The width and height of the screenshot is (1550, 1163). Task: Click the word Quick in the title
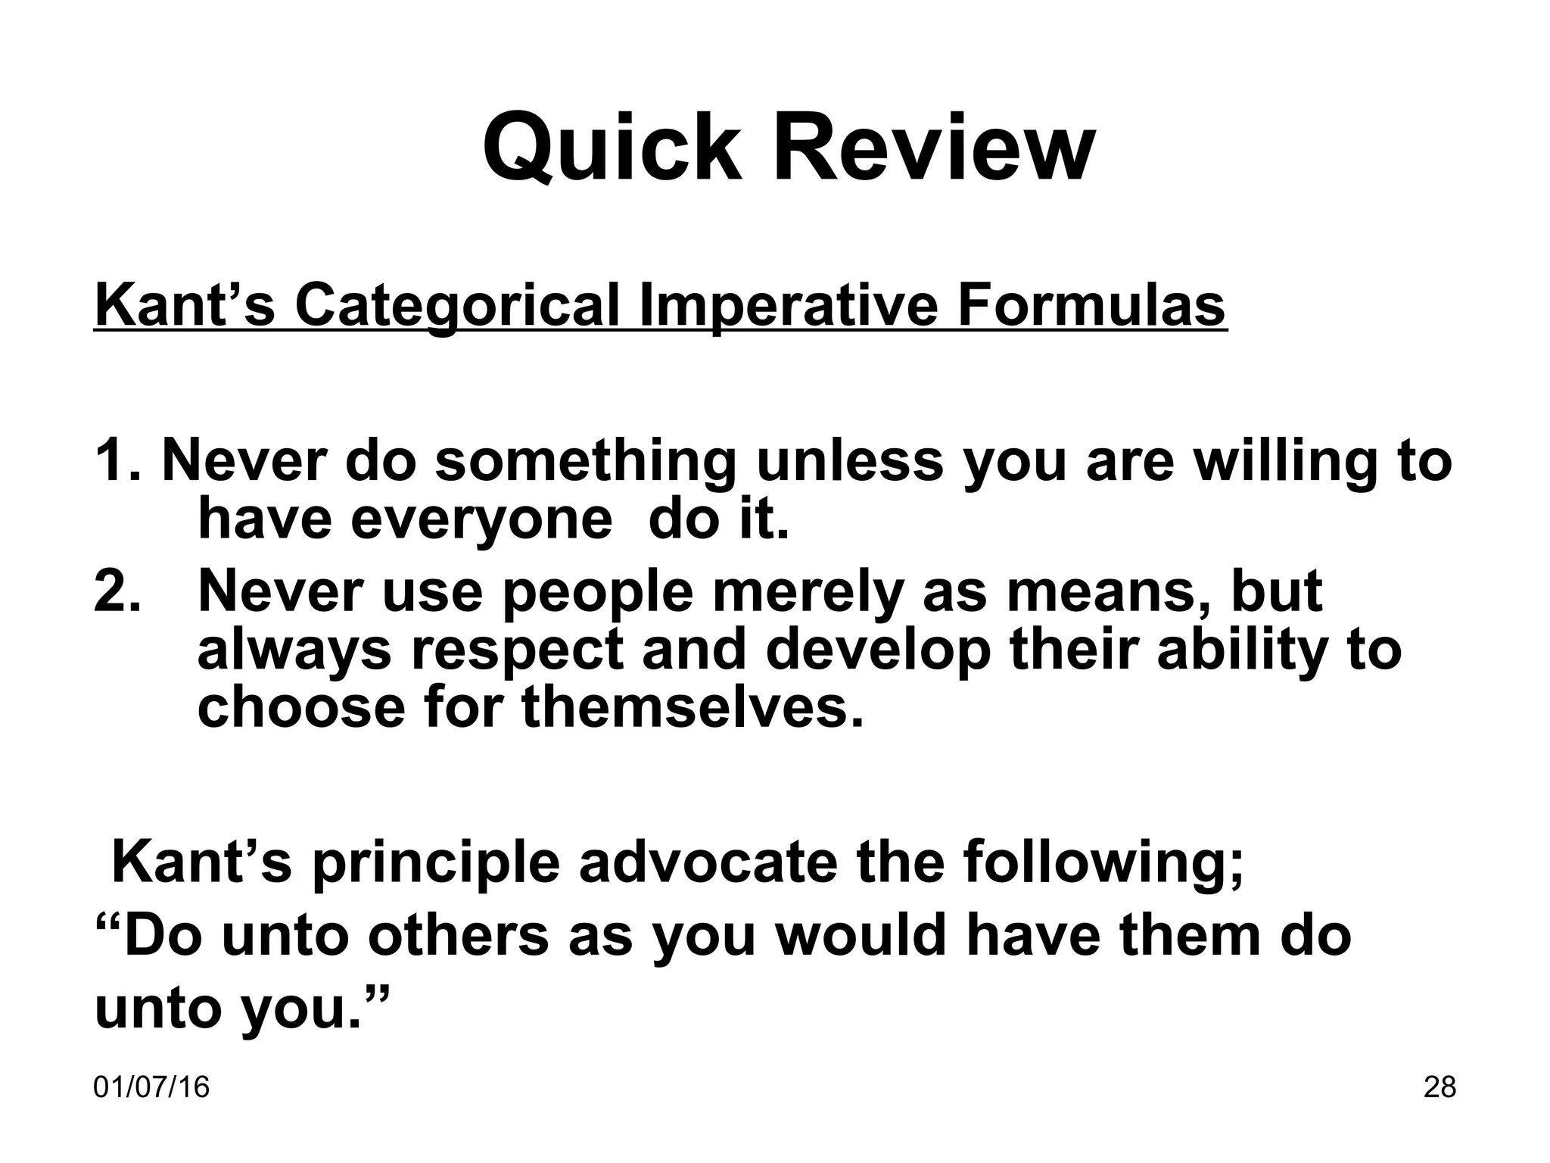[612, 148]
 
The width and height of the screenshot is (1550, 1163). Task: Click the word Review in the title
[932, 148]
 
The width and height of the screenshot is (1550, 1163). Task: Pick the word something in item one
[585, 463]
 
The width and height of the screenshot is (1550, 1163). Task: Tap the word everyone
[481, 520]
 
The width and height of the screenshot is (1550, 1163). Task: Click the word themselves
[693, 707]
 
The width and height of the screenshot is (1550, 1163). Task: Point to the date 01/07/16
[151, 1088]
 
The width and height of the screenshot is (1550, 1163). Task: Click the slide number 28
[1440, 1088]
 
